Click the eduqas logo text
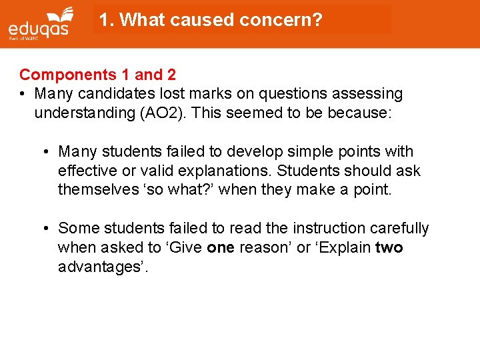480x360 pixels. (39, 29)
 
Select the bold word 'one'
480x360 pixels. (221, 247)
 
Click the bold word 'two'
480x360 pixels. (389, 247)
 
